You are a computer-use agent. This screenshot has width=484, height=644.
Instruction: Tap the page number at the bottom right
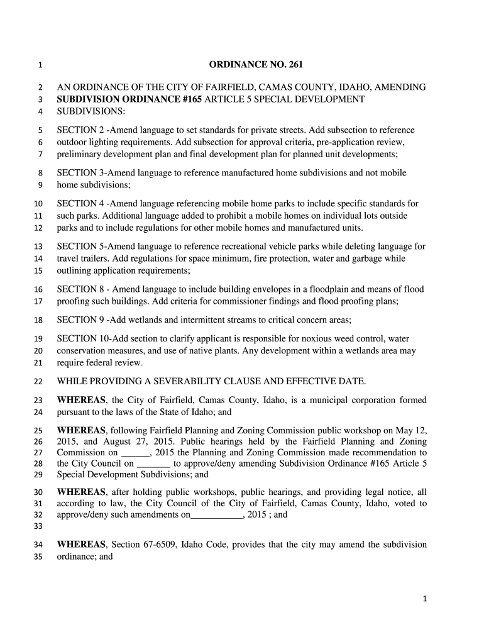424,599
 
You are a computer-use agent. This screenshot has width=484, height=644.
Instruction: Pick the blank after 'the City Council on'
153,464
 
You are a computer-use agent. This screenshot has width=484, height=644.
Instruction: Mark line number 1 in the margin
40,65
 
